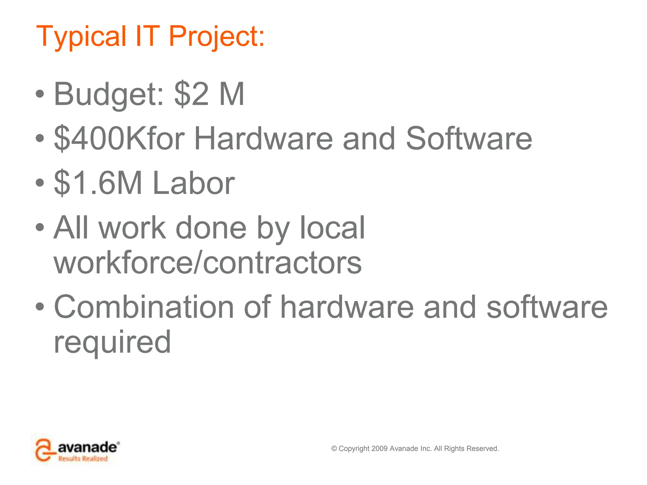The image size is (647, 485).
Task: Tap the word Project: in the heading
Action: coord(217,37)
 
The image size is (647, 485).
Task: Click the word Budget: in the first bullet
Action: coord(109,95)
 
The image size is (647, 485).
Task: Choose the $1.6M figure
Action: coord(98,183)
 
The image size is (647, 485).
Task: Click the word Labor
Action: coord(194,183)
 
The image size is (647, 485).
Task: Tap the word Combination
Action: coord(144,307)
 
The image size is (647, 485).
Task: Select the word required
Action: coord(112,343)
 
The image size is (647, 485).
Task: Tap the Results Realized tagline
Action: coord(83,458)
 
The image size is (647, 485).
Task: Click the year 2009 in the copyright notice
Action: coord(379,448)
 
